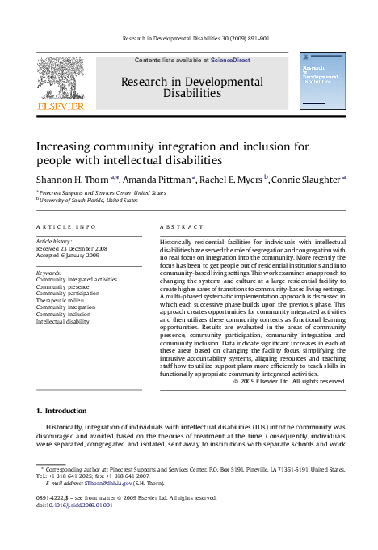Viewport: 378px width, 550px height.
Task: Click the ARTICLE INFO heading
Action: tap(66, 227)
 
